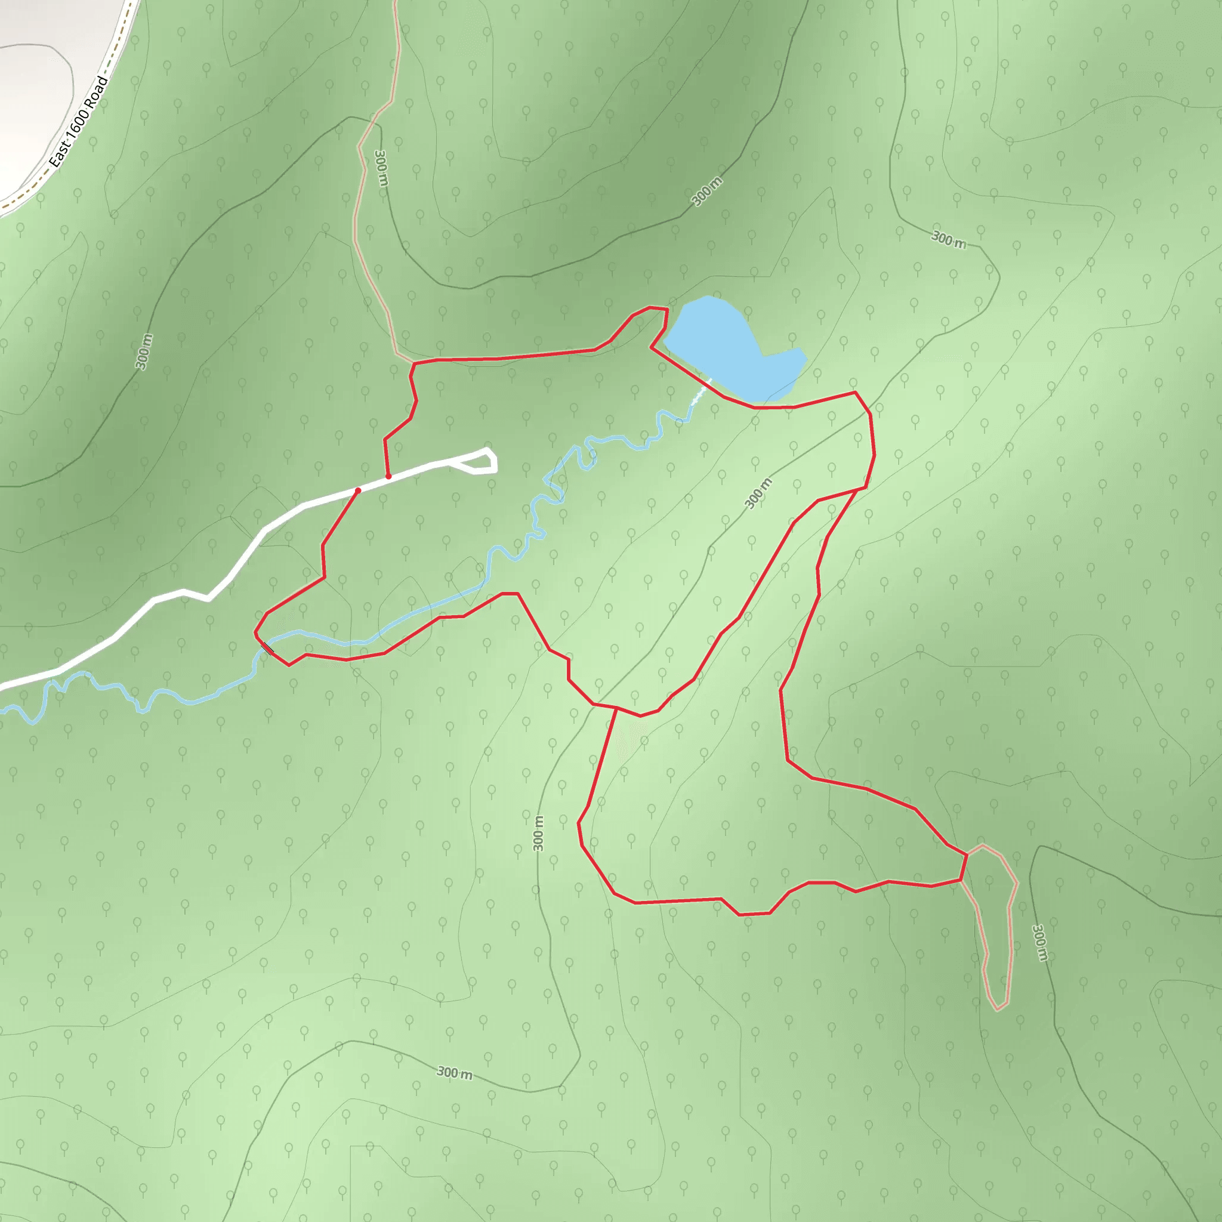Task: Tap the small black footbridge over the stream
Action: (268, 647)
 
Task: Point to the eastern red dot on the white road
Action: (388, 476)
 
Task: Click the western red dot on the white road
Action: (358, 490)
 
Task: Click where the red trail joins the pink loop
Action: (967, 854)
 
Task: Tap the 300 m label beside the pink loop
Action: (1039, 942)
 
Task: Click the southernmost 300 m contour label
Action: (454, 1073)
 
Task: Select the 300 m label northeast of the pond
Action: (948, 240)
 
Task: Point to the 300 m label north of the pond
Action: (706, 192)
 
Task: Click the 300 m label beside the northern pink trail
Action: (381, 168)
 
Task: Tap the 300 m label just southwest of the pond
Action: (758, 493)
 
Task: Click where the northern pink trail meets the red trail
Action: (413, 362)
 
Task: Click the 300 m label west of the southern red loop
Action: (538, 833)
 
